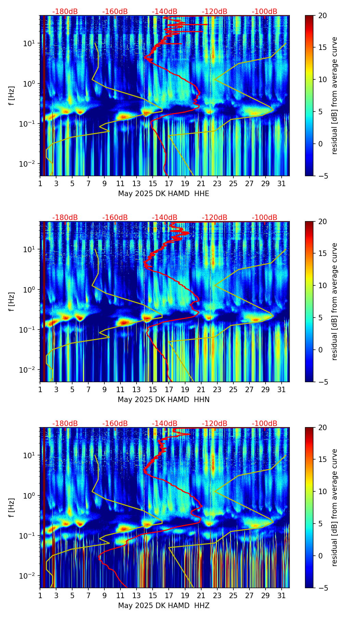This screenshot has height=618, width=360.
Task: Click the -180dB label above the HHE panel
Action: tap(65, 12)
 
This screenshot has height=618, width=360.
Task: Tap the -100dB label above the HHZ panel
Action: tap(265, 424)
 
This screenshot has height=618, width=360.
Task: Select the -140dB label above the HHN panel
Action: tap(165, 218)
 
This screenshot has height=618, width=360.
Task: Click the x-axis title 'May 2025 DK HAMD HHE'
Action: tap(164, 194)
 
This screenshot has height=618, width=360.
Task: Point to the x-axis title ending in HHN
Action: tap(164, 400)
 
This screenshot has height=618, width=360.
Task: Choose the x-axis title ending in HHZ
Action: tap(164, 606)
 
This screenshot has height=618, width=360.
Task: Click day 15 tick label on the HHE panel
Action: tap(153, 184)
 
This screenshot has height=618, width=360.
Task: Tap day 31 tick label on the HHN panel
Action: tap(282, 390)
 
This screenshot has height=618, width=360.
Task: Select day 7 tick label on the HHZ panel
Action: tap(88, 596)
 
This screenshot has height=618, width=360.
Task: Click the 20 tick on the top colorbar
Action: tap(322, 16)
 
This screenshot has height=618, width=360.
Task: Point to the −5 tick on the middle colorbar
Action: tap(322, 382)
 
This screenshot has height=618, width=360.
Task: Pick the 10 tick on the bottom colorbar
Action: tap(322, 492)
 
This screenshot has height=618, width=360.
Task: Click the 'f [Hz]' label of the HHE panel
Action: tap(12, 96)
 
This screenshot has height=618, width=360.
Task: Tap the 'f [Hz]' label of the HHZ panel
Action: tap(12, 508)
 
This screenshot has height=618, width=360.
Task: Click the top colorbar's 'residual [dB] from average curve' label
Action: tap(335, 96)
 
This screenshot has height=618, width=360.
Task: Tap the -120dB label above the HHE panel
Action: tap(215, 12)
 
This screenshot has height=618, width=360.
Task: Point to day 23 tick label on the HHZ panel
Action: tap(217, 596)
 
